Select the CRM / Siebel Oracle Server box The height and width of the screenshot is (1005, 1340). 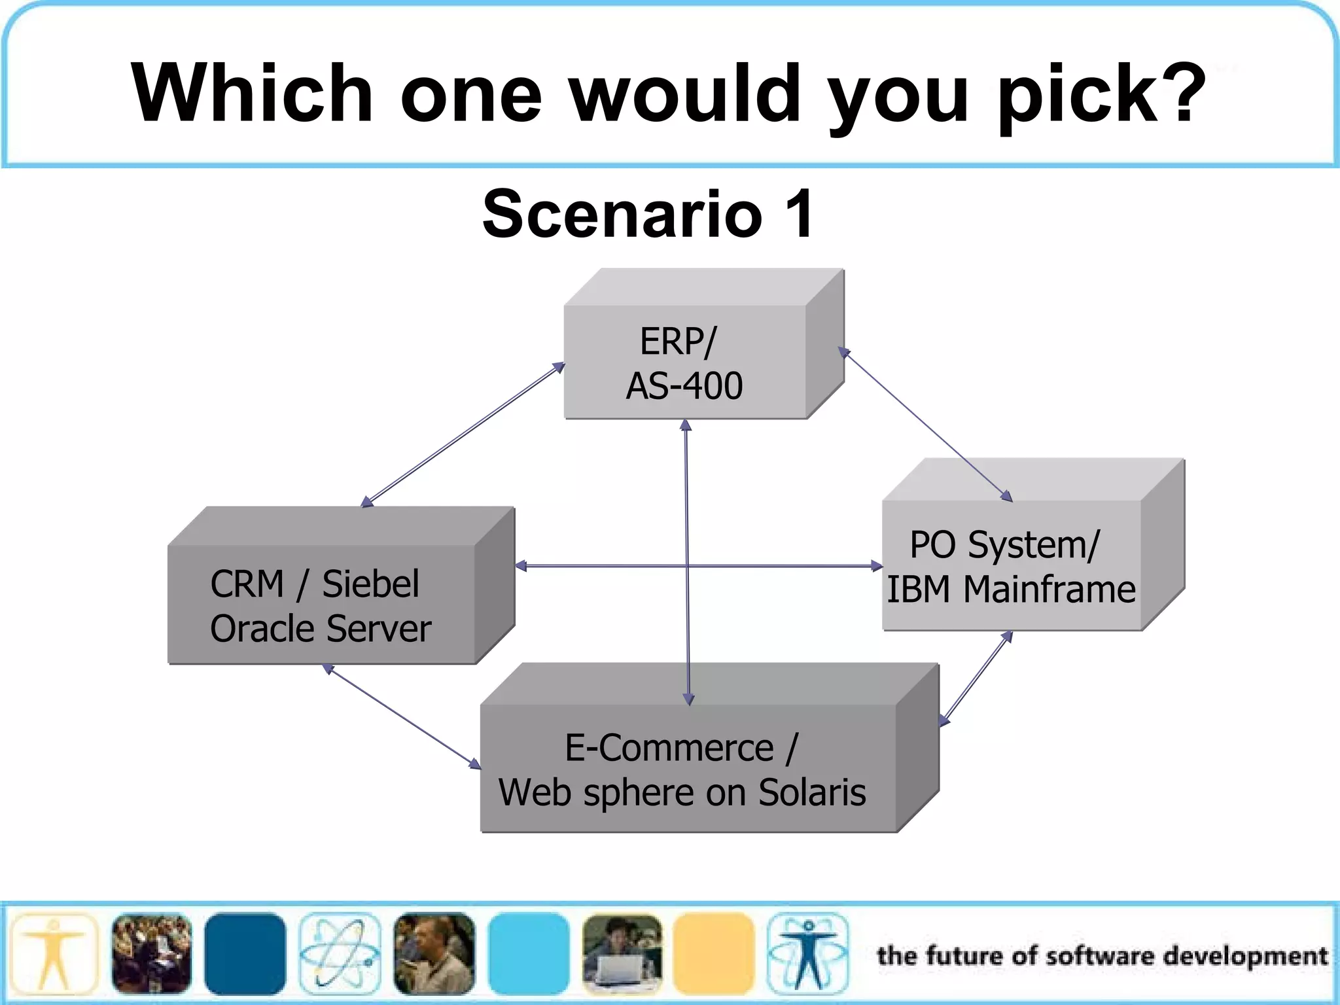(x=321, y=605)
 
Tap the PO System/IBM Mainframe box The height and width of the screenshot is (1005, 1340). (x=1011, y=565)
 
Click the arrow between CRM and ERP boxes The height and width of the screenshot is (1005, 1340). (x=463, y=435)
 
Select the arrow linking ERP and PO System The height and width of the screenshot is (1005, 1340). (x=925, y=425)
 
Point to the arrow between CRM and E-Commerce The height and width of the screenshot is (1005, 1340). (x=402, y=716)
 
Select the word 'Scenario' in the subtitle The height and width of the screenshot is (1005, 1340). (x=622, y=214)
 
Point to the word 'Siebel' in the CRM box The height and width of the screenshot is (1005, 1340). (x=370, y=584)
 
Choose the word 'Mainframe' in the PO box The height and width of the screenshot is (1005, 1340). (x=1049, y=589)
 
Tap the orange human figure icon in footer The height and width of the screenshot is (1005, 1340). (x=54, y=955)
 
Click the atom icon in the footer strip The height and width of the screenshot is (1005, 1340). (x=340, y=955)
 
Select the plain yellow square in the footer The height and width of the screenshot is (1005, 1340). (x=714, y=955)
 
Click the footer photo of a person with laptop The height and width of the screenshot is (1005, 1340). (x=622, y=955)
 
